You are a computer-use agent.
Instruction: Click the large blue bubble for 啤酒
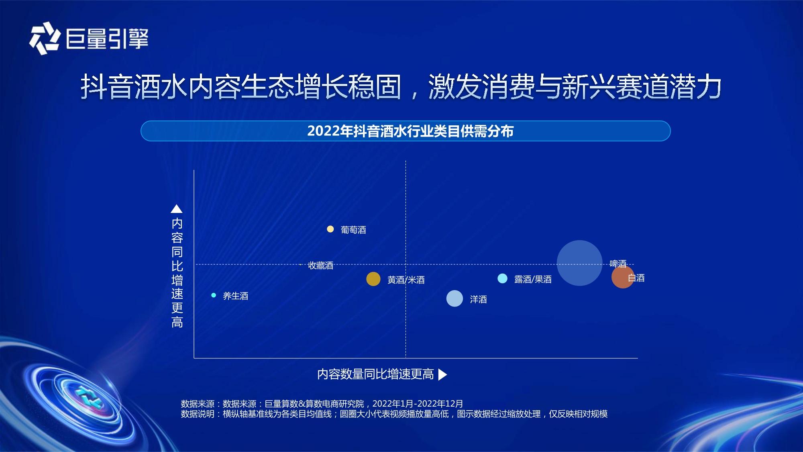(x=579, y=263)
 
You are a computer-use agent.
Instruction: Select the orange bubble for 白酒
(x=623, y=277)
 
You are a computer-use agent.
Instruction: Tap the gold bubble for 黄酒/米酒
(x=373, y=279)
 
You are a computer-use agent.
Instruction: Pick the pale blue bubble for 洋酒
(x=454, y=299)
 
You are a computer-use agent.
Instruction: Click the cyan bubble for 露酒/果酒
(x=502, y=278)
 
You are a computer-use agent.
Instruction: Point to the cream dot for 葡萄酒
(x=330, y=229)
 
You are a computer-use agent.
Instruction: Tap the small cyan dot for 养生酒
(x=214, y=295)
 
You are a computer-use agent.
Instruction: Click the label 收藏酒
(x=320, y=266)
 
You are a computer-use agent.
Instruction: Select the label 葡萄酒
(x=353, y=230)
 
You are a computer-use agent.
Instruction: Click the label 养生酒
(x=235, y=296)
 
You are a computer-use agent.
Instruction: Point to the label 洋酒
(x=478, y=299)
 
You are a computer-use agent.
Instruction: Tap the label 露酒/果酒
(x=533, y=279)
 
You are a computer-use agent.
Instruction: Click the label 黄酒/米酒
(x=406, y=280)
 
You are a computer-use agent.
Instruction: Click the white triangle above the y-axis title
(x=177, y=209)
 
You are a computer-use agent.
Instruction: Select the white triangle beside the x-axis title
(x=442, y=374)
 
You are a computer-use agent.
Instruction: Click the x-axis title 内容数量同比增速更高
(x=375, y=374)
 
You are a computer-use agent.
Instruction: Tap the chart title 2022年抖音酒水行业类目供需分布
(x=410, y=131)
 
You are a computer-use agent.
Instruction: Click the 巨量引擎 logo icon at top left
(x=45, y=38)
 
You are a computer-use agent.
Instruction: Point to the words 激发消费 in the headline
(x=481, y=87)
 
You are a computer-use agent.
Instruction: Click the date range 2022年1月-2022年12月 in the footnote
(x=418, y=403)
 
